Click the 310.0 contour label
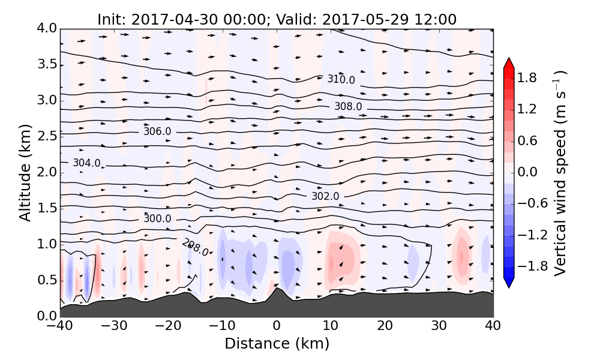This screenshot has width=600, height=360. (x=341, y=80)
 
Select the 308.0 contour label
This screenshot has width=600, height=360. (x=348, y=106)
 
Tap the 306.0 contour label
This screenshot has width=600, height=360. (x=157, y=131)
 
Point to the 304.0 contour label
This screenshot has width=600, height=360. (x=86, y=163)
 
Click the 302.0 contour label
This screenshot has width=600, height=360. (x=325, y=196)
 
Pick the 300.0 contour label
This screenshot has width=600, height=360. (x=157, y=219)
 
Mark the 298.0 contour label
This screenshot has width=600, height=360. (x=195, y=247)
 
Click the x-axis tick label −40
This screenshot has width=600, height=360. (x=60, y=327)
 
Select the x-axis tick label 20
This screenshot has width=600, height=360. (x=385, y=327)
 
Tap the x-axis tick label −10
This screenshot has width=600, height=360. (x=222, y=327)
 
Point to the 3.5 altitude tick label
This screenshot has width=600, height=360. (x=46, y=64)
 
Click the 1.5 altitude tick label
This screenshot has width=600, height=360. (x=46, y=208)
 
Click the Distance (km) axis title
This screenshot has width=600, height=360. (x=277, y=344)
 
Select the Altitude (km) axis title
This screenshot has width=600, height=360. (x=25, y=173)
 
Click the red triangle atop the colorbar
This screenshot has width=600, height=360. (x=509, y=63)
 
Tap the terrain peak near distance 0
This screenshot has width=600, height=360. (x=277, y=289)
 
